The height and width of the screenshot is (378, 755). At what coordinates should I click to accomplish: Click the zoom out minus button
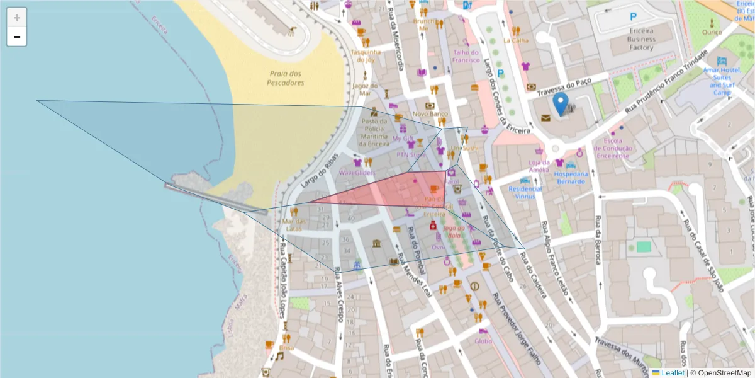pos(17,37)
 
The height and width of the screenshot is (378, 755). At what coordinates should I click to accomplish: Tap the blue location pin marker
pos(560,104)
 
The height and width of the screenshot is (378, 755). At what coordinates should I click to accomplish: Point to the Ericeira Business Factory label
pos(640,39)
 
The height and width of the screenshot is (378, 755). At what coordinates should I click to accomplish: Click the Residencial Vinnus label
pos(525,192)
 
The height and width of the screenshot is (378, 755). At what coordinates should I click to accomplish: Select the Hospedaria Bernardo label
pos(572,178)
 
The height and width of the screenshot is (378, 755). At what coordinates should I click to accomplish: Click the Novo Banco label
pos(429,114)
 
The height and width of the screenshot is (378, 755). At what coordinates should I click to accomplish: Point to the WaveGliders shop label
pos(357,172)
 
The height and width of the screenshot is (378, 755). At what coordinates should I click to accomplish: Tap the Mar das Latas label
pos(294,225)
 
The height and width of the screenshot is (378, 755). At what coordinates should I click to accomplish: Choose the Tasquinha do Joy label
pos(366,55)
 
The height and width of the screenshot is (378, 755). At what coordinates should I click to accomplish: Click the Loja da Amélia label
pos(539,166)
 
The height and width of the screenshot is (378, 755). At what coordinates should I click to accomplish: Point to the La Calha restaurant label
pos(516,40)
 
